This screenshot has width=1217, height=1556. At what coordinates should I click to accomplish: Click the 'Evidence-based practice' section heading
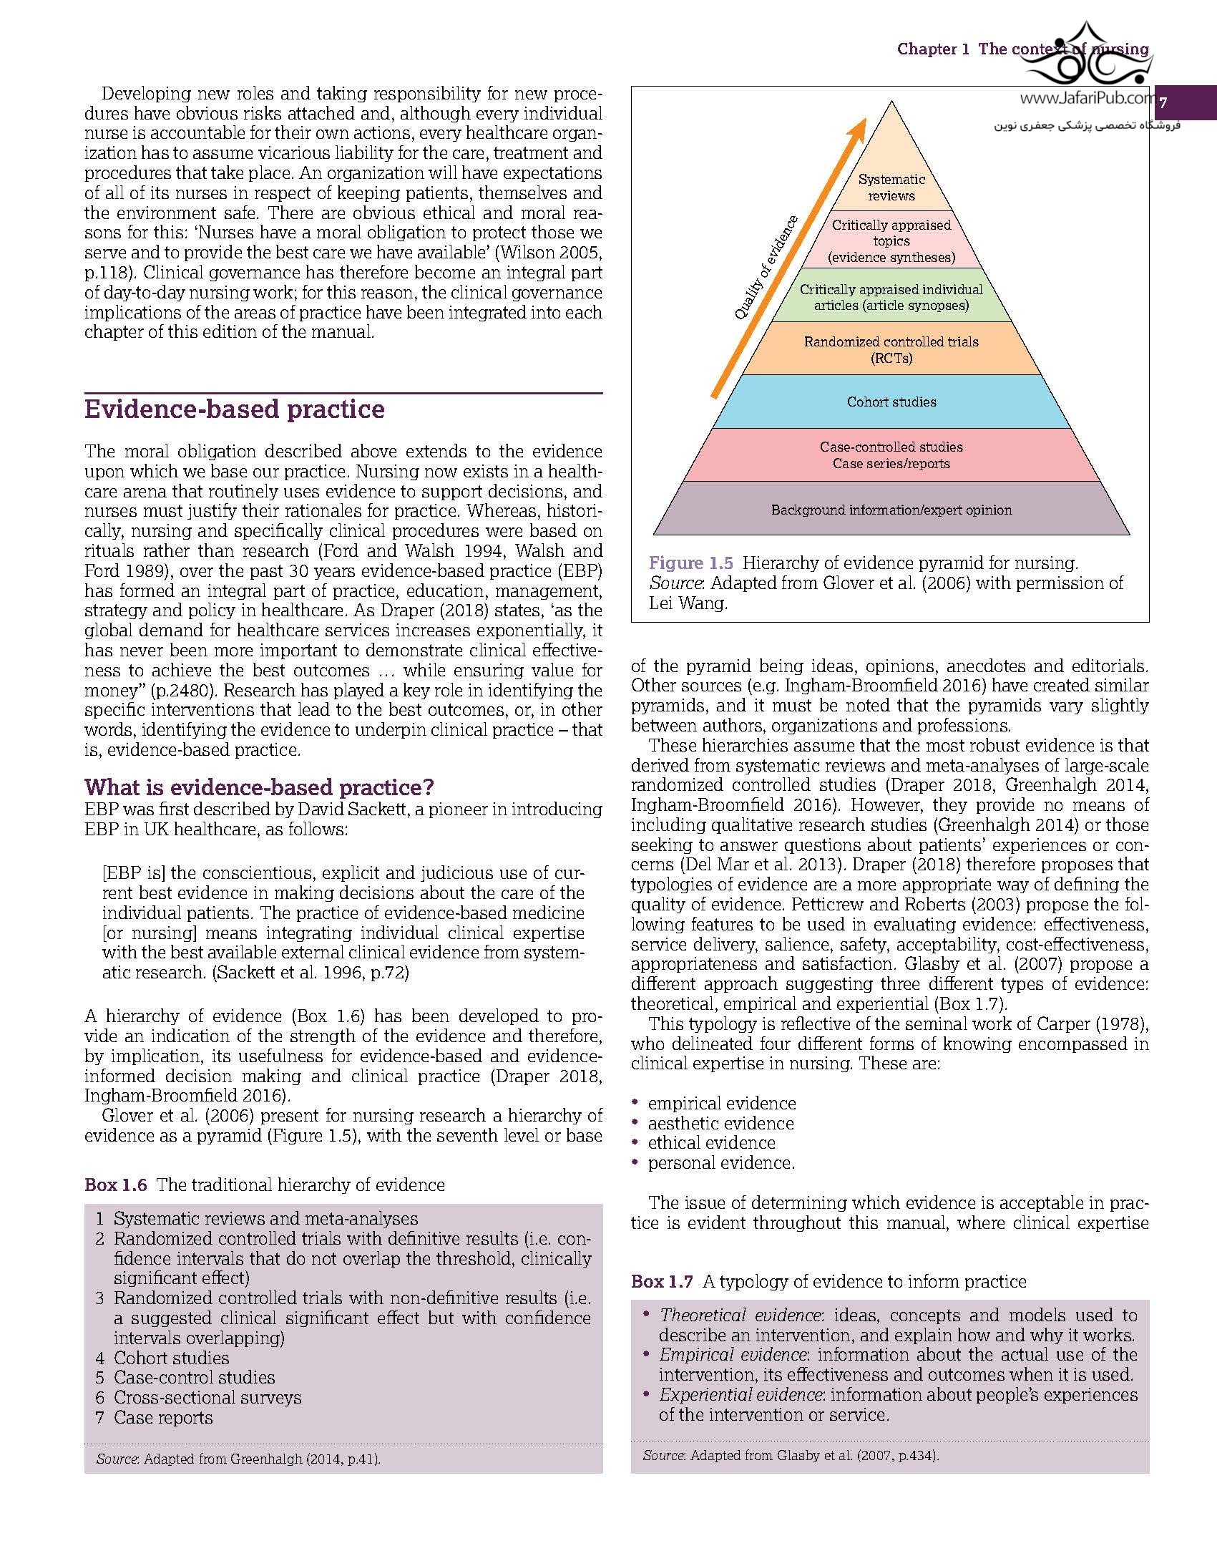(x=235, y=409)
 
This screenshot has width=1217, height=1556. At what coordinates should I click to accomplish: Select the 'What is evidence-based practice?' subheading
(x=259, y=787)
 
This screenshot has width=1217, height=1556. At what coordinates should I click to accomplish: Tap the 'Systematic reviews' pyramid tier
(x=891, y=188)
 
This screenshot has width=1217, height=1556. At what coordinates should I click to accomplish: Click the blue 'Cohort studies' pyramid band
(x=891, y=402)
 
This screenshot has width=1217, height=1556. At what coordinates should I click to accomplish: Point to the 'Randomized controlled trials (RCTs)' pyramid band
(x=891, y=349)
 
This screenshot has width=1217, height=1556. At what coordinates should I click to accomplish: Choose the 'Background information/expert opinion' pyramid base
(x=891, y=510)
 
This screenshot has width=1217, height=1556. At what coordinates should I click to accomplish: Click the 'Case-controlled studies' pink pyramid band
(x=891, y=454)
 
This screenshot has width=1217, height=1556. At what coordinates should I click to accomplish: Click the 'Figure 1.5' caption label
(x=690, y=563)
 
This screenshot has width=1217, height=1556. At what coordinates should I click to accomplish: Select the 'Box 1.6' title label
(x=115, y=1185)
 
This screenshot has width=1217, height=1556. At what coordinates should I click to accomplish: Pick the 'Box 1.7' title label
(x=662, y=1282)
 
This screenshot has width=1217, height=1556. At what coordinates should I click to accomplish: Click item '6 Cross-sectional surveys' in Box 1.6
(x=198, y=1397)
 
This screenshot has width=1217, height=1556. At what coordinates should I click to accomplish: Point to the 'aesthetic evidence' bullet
(x=720, y=1123)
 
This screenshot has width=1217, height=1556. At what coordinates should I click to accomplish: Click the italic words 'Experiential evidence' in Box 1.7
(x=740, y=1394)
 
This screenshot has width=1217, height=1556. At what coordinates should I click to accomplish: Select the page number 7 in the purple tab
(x=1163, y=102)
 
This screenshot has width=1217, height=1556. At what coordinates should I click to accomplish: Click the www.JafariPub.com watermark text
(x=1086, y=100)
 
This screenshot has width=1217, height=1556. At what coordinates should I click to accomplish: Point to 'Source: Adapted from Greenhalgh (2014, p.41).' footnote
(x=238, y=1459)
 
